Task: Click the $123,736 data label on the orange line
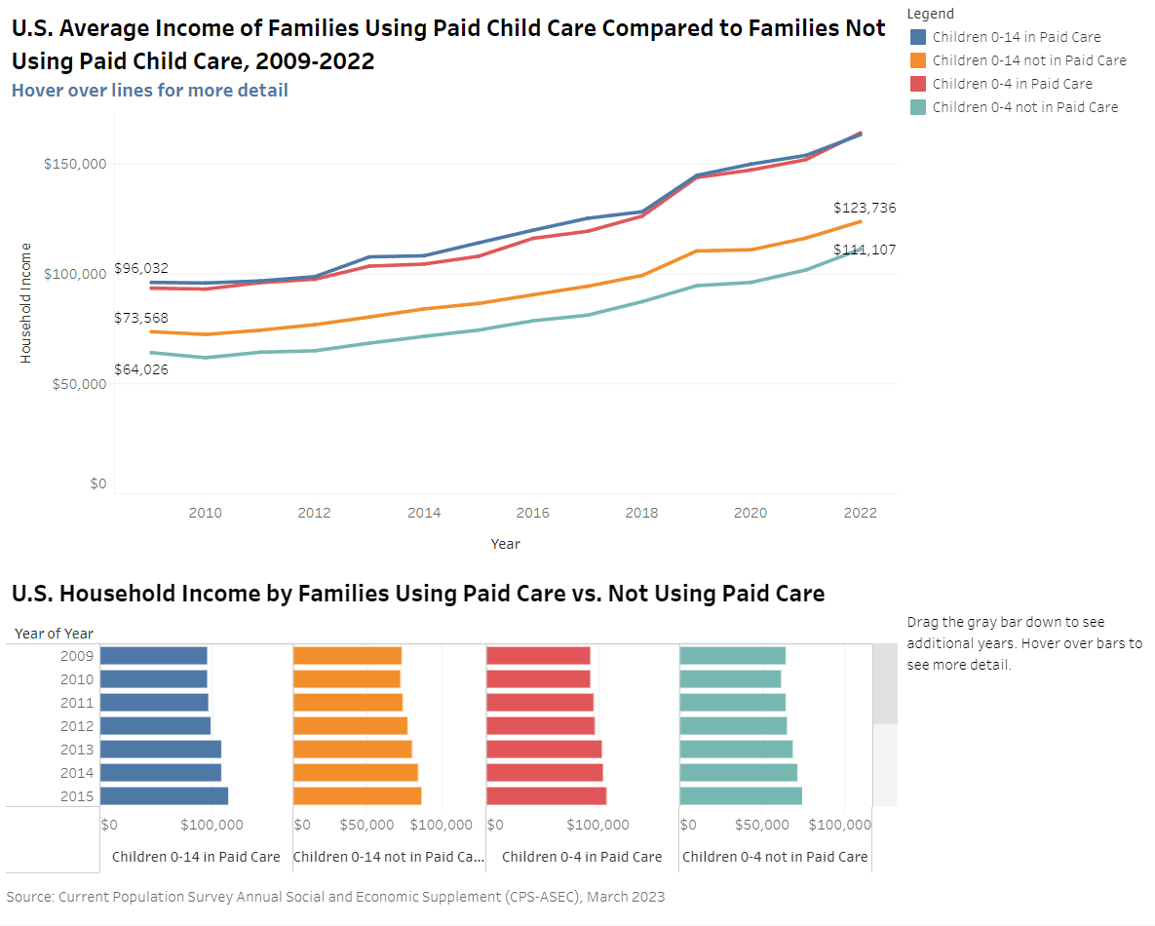tap(864, 208)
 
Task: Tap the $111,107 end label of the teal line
tap(864, 250)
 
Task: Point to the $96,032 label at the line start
tap(140, 268)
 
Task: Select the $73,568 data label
tap(140, 318)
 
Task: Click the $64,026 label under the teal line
tap(140, 368)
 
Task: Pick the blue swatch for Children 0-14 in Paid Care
tap(917, 37)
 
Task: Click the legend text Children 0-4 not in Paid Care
tap(1024, 107)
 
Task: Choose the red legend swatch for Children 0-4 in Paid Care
tap(917, 84)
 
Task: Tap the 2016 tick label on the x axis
tap(532, 513)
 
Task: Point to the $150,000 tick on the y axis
tap(75, 164)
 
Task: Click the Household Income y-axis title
tap(26, 303)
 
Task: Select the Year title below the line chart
tap(505, 544)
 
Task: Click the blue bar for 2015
tap(164, 796)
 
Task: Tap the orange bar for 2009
tap(347, 656)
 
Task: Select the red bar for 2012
tap(540, 726)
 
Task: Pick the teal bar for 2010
tap(730, 679)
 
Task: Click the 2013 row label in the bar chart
tap(76, 750)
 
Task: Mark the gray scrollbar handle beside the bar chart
tap(884, 683)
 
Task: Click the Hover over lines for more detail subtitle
tap(149, 91)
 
